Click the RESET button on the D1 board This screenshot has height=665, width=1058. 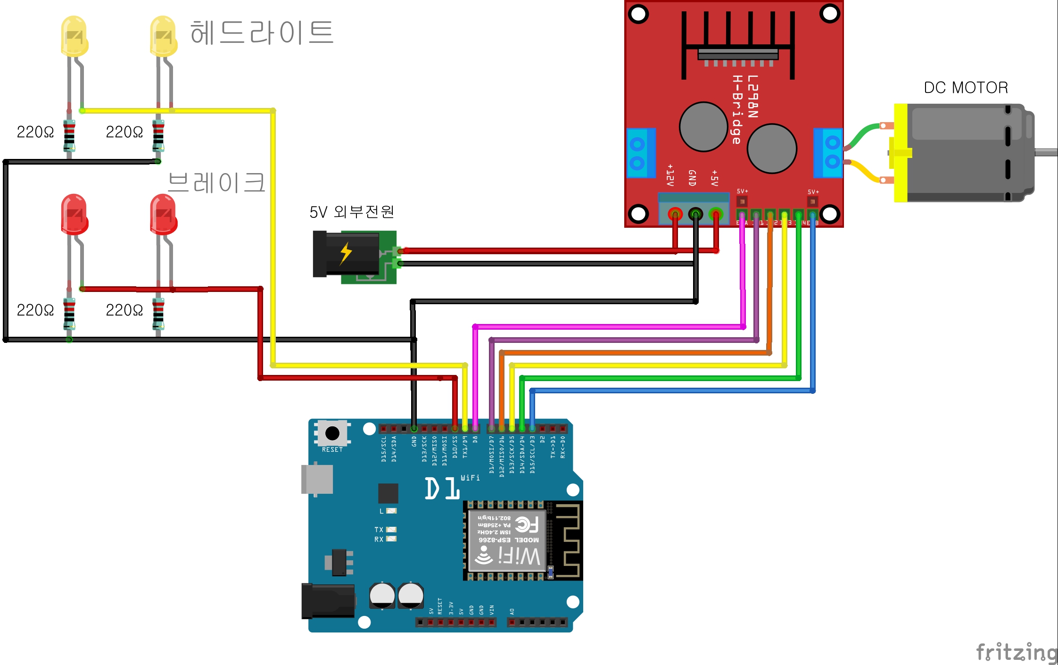tap(332, 433)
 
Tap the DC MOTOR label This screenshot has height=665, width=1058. tap(966, 88)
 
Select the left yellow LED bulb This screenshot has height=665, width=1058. tap(74, 36)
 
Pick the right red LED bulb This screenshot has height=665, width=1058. tap(163, 215)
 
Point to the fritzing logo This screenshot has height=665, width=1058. tap(1016, 653)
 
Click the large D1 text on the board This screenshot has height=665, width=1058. tap(442, 488)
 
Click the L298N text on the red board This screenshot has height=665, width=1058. tap(752, 97)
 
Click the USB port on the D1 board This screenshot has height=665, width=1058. tap(317, 479)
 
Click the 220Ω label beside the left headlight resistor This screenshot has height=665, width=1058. tap(35, 132)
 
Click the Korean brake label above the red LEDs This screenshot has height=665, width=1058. tap(216, 183)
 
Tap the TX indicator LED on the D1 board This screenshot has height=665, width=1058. tap(391, 530)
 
